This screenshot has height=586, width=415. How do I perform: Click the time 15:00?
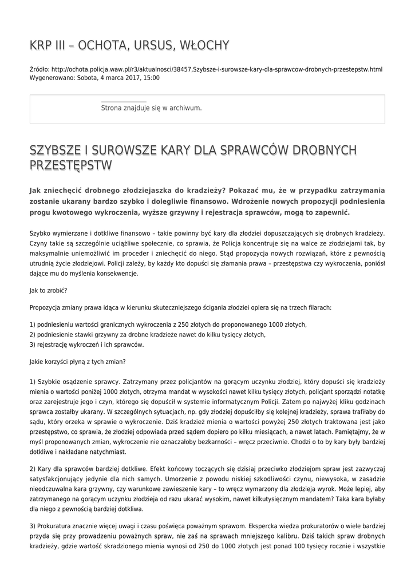(151, 78)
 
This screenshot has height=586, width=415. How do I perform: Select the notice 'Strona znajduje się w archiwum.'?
(151, 108)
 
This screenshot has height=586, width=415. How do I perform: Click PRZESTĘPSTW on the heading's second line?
(70, 166)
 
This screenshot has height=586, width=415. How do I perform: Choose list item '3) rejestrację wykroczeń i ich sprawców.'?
(86, 345)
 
